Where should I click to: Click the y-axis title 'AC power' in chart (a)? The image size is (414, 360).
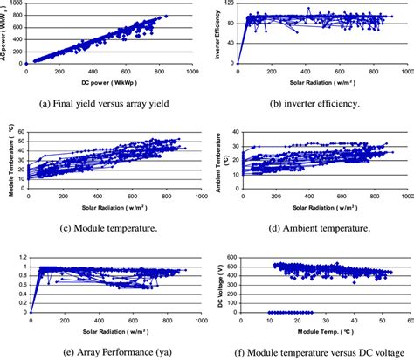(x=8, y=35)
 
